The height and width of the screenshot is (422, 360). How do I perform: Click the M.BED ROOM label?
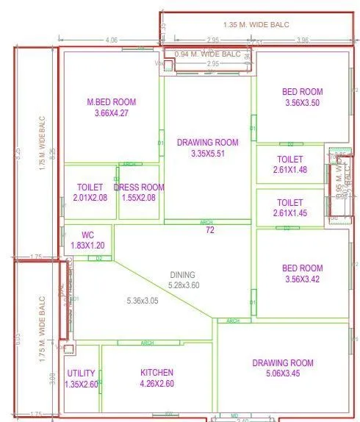click(x=111, y=102)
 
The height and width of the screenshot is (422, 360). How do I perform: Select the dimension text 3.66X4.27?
click(x=111, y=113)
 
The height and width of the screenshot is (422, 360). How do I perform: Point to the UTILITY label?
click(x=81, y=373)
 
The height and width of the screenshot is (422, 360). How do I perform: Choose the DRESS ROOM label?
click(x=139, y=187)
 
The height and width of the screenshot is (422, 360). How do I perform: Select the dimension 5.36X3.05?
click(x=147, y=301)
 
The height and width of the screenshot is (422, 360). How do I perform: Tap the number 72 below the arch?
click(x=209, y=231)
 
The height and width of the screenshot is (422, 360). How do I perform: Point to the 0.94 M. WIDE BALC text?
click(x=208, y=54)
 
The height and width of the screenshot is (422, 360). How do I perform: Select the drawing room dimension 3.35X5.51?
click(x=208, y=154)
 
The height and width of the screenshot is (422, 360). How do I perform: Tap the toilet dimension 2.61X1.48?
click(x=290, y=170)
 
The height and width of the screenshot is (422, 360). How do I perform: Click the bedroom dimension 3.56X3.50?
click(x=303, y=103)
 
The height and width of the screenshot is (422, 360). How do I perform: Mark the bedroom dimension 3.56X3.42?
click(x=303, y=279)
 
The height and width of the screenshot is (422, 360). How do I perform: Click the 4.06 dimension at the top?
click(x=112, y=39)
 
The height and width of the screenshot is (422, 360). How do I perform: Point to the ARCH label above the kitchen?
click(x=147, y=343)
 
